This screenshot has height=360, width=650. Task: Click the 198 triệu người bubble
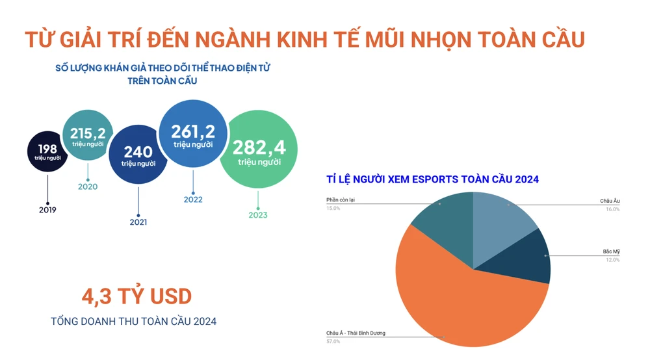(47, 153)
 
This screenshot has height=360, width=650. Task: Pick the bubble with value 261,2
(193, 135)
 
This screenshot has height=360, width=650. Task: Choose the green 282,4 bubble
(259, 151)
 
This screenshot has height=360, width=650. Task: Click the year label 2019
(47, 210)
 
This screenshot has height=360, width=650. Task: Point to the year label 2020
(88, 187)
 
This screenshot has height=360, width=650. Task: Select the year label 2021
(138, 222)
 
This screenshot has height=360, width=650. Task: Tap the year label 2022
(193, 199)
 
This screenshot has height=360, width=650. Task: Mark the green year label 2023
(258, 215)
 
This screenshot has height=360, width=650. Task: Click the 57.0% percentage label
(333, 341)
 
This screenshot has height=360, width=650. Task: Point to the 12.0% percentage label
(612, 260)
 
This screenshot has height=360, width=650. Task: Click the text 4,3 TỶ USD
(136, 297)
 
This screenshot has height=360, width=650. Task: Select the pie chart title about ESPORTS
(432, 179)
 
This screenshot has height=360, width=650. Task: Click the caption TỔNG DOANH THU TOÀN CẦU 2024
(134, 321)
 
